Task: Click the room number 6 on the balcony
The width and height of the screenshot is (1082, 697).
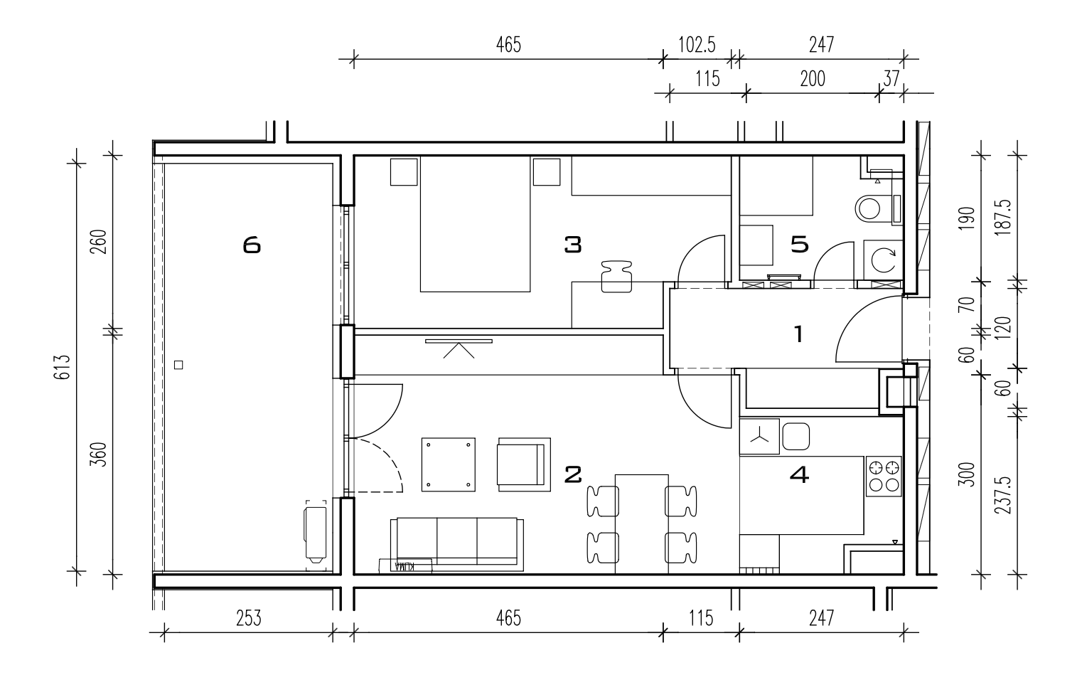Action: click(252, 245)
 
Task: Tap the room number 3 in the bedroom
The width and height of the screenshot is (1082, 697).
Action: click(573, 245)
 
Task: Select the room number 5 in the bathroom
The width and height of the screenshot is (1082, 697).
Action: click(800, 245)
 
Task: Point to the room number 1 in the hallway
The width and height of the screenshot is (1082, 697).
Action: click(799, 334)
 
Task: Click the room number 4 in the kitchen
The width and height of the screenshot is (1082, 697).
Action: click(799, 474)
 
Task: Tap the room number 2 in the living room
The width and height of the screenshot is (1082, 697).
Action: click(573, 474)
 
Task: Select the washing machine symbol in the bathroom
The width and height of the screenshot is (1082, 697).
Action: click(883, 260)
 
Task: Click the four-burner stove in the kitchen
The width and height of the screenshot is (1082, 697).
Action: click(884, 476)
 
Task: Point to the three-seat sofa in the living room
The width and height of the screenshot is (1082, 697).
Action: click(457, 545)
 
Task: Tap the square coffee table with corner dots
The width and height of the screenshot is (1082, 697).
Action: click(449, 464)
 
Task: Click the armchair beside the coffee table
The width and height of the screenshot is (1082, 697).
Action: click(524, 464)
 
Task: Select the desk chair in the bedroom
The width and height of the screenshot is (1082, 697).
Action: click(616, 277)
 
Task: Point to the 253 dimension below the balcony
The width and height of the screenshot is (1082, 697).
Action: click(249, 618)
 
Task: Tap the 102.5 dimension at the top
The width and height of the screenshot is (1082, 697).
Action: click(697, 45)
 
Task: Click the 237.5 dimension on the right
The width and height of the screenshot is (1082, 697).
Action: click(1003, 495)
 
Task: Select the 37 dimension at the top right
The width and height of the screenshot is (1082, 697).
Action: click(891, 79)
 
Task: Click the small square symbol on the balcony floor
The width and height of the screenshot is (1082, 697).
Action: click(178, 365)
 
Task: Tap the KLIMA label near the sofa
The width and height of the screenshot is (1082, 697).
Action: click(405, 566)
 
